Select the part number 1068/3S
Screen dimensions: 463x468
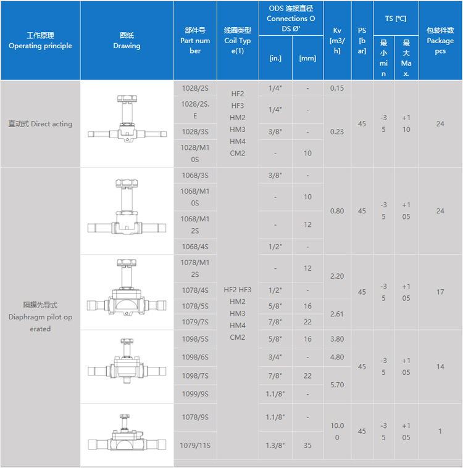coord(195,176)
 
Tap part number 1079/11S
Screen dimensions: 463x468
coord(195,445)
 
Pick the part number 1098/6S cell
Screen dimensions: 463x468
coord(195,357)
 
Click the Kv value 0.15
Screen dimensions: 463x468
coord(337,88)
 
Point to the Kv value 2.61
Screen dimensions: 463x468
coord(337,314)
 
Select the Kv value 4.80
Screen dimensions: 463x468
coord(337,357)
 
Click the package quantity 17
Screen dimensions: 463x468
coord(440,292)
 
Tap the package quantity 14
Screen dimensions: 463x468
coord(440,366)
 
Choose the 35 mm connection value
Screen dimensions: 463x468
coord(307,445)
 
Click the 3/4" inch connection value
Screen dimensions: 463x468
coord(275,357)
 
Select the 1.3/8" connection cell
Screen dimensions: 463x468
coord(275,445)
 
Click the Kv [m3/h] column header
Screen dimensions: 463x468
coord(337,41)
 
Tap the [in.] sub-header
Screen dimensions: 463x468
coord(275,59)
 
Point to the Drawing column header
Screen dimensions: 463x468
coord(127,41)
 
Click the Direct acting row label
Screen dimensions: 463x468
coord(40,124)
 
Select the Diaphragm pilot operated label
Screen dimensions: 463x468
coord(40,317)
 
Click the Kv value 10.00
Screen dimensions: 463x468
coord(337,431)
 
